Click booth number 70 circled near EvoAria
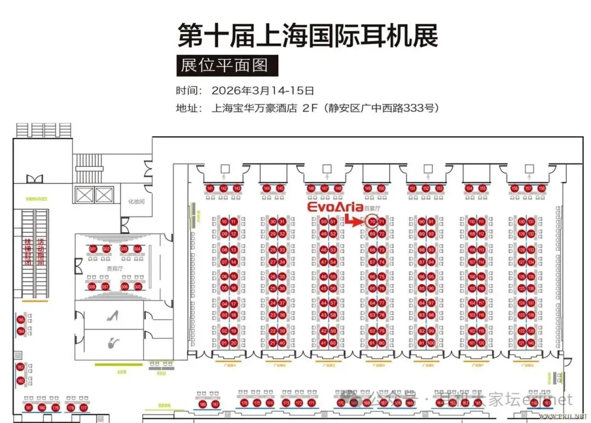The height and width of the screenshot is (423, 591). tap(372, 222)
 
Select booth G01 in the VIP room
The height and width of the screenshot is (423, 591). tap(92, 250)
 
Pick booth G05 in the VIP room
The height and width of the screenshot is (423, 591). tap(138, 286)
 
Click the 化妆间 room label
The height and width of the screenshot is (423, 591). tap(136, 202)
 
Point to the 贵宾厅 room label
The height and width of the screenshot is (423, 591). tap(114, 269)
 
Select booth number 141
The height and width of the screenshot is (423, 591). tap(210, 189)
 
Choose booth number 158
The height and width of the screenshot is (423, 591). tap(542, 189)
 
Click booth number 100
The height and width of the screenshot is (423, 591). tap(431, 343)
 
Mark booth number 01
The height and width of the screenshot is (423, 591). tap(224, 343)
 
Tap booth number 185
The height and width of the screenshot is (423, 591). tap(21, 320)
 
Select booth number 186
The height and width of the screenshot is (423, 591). tap(202, 404)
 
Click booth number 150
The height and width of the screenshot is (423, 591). tap(381, 189)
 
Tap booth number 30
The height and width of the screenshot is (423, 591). tap(273, 222)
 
